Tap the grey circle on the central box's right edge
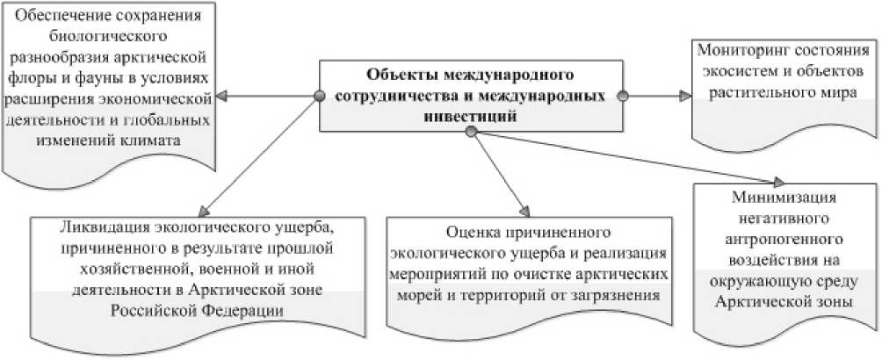click(x=622, y=94)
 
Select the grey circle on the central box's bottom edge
click(x=470, y=132)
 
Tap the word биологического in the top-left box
click(x=106, y=38)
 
